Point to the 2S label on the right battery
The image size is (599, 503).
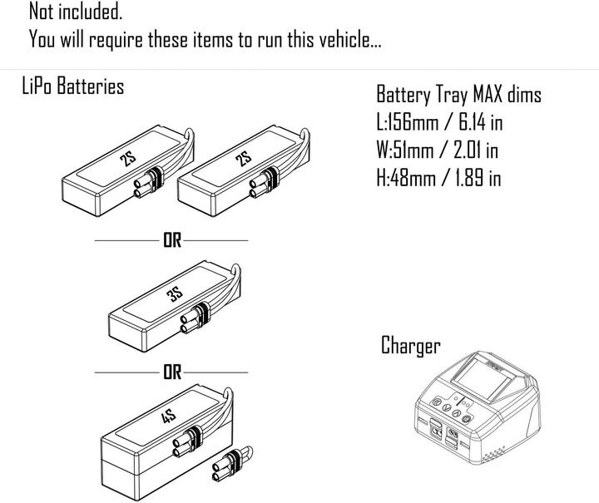coord(243,159)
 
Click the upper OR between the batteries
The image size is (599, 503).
coord(171,240)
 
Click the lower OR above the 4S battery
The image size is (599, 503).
coord(171,372)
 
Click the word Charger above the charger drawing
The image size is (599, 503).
coord(411,346)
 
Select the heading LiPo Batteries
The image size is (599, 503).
coord(72,86)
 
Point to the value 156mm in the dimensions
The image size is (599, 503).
coord(409,122)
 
